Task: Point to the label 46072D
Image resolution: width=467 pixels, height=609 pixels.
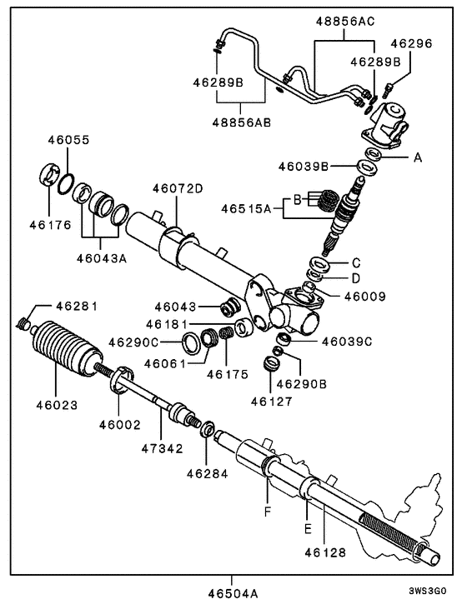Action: [x=178, y=188]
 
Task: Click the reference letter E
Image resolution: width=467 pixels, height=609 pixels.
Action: [x=307, y=528]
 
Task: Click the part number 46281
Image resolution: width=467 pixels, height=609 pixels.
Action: [x=78, y=306]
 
